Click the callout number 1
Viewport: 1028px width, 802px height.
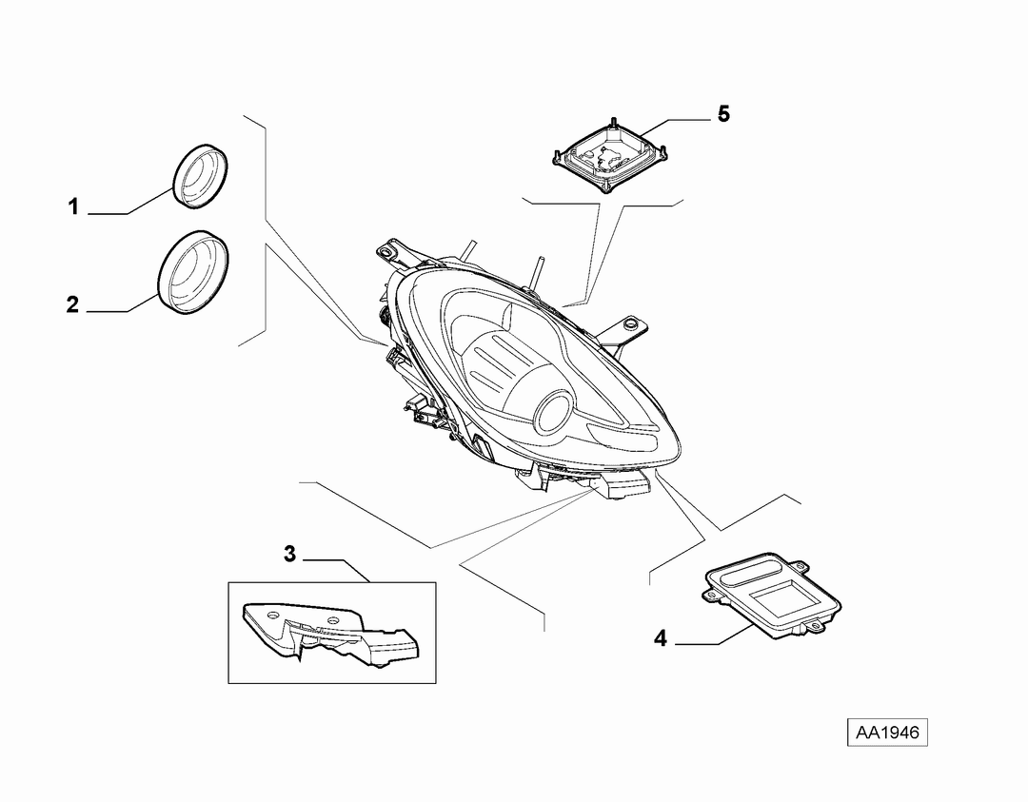pyautogui.click(x=73, y=207)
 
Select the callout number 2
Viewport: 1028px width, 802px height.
pyautogui.click(x=72, y=304)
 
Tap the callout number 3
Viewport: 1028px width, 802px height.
pyautogui.click(x=289, y=555)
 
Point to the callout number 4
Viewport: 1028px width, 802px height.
pyautogui.click(x=661, y=637)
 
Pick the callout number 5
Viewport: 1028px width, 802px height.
pyautogui.click(x=723, y=114)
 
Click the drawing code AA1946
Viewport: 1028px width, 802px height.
pyautogui.click(x=888, y=732)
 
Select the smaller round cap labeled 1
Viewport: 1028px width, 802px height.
pyautogui.click(x=200, y=176)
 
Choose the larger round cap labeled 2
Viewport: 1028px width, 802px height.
pyautogui.click(x=194, y=273)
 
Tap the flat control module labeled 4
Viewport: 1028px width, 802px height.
pyautogui.click(x=771, y=596)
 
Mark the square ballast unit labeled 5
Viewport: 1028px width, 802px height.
pyautogui.click(x=610, y=154)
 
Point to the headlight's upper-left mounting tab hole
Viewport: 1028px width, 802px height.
pyautogui.click(x=385, y=250)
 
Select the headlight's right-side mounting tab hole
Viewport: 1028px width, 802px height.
pyautogui.click(x=631, y=323)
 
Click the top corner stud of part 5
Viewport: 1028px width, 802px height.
pyautogui.click(x=614, y=123)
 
